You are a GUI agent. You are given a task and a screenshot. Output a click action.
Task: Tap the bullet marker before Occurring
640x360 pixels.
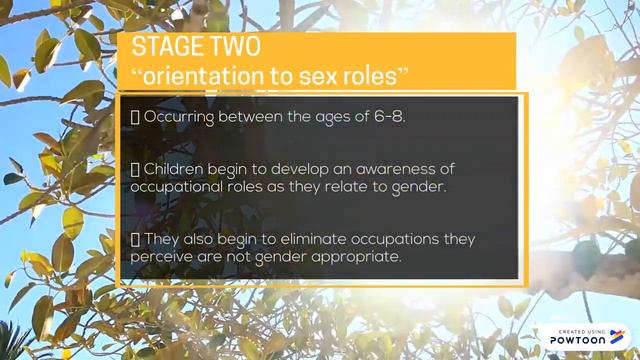(135, 117)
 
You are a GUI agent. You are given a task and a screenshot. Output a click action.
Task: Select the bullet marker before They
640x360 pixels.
(135, 239)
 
